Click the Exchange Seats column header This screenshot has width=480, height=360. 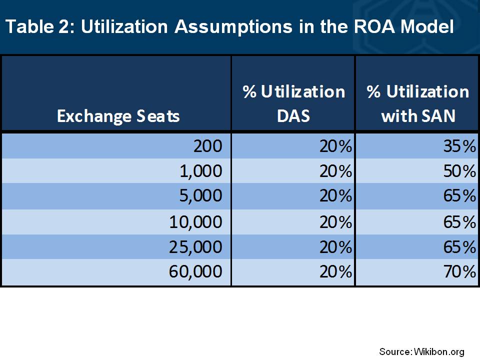pos(118,116)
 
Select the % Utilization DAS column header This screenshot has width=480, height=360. pos(293,103)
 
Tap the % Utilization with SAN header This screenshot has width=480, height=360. pos(418,103)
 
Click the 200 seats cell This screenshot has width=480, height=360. pos(208,146)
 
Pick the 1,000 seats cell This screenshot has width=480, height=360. pos(201,171)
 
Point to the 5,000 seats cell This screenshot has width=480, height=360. pos(201,196)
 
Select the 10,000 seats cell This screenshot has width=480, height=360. pos(195,222)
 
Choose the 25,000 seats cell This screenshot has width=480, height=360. pos(195,246)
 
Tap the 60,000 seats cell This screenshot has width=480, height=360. pos(195,271)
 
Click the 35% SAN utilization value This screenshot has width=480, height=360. pos(459,146)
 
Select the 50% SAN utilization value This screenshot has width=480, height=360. pos(459,171)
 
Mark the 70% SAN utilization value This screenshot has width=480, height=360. pos(459,271)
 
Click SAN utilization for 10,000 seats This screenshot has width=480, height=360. pos(459,222)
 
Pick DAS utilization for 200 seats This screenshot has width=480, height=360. pos(336,146)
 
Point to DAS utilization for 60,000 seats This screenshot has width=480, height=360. pos(336,271)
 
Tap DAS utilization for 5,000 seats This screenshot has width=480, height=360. pos(336,196)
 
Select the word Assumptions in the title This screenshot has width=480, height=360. pos(233,27)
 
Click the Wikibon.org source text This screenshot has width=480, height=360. pos(439,352)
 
